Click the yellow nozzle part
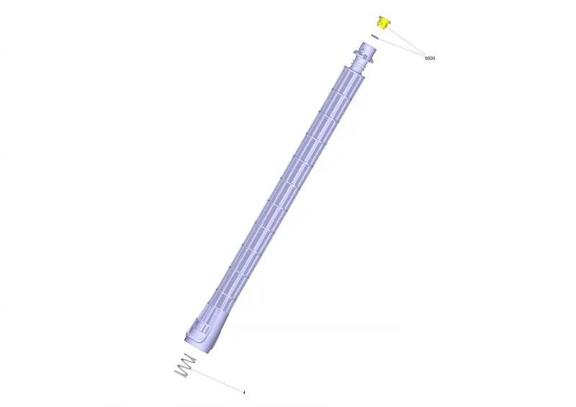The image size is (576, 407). [384, 22]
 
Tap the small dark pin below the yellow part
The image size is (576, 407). [374, 37]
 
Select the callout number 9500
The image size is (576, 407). [430, 58]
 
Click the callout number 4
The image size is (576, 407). [244, 393]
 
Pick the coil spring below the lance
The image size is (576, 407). [185, 365]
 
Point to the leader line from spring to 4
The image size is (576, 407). [217, 381]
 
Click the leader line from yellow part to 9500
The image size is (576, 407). [406, 41]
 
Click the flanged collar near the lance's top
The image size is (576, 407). [364, 56]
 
